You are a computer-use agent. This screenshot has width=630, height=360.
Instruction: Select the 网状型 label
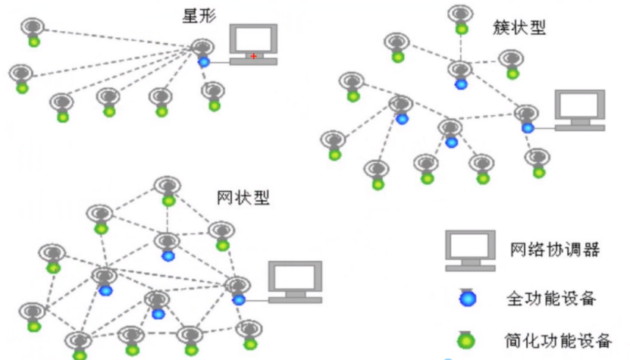coord(243,199)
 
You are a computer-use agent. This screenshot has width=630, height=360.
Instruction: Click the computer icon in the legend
coord(469,250)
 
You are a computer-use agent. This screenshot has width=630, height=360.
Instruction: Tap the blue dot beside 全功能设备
coord(470,298)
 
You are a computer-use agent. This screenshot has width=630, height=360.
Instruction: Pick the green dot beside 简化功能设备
coord(470,340)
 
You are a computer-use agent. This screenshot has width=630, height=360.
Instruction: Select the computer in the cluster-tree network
coord(579,110)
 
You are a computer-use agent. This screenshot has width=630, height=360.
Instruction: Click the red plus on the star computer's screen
coord(254,56)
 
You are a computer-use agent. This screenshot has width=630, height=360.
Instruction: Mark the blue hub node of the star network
coord(203,61)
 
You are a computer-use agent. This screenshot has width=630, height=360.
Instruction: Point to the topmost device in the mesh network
coord(168,190)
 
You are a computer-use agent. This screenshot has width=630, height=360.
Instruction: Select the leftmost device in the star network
coord(21,78)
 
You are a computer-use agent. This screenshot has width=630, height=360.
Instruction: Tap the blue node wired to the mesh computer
coord(239,299)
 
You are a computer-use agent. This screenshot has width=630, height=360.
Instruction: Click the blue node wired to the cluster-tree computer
coord(527,127)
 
